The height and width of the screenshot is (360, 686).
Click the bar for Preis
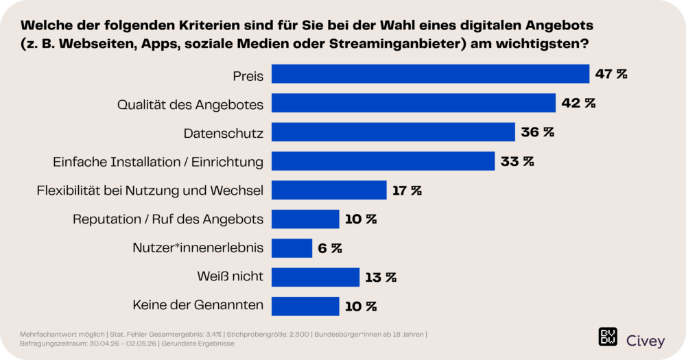coord(430,74)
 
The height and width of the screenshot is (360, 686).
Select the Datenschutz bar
coord(393,132)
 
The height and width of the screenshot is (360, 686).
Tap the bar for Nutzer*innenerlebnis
coord(292,248)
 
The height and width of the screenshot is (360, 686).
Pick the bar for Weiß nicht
coord(316,277)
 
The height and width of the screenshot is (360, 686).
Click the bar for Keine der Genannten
coord(305,307)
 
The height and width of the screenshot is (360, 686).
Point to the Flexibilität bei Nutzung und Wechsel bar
coord(329,190)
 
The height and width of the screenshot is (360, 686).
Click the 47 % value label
coord(611,74)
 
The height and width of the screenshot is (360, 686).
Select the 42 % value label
coord(578,104)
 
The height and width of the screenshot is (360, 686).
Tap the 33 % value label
coord(517,161)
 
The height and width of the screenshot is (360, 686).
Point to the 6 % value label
coord(330,248)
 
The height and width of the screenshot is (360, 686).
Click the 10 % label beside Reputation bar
coord(361,219)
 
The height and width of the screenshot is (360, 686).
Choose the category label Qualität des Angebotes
coord(190,105)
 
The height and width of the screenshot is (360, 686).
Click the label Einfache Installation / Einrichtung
coord(158,163)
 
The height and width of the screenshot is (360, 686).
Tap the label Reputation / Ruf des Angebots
coord(168,219)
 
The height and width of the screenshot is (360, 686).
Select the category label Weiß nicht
coord(230,276)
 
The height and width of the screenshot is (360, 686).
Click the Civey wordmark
coord(646,341)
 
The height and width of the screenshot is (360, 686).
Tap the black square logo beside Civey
coord(608,337)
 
